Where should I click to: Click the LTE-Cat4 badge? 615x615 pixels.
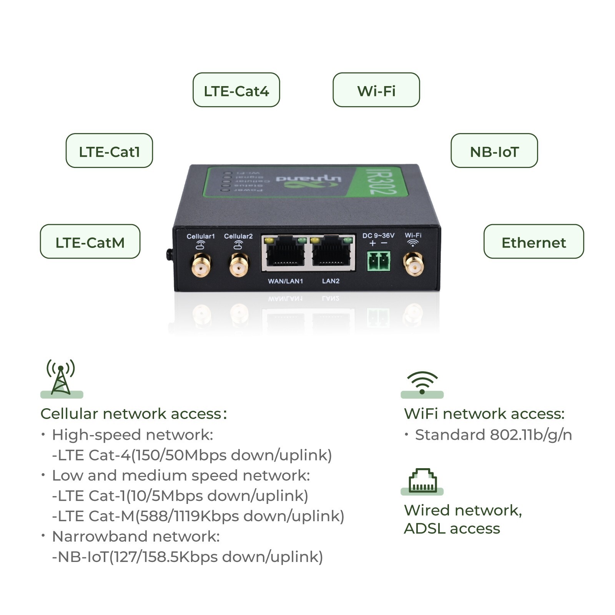[236, 90]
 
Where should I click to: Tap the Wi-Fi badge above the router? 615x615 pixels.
[376, 90]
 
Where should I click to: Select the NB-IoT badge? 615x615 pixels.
[494, 151]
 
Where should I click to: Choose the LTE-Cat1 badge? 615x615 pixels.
[109, 151]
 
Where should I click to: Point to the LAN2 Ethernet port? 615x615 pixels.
[331, 253]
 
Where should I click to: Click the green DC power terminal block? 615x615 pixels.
[379, 261]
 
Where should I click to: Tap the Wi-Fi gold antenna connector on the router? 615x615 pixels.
[413, 264]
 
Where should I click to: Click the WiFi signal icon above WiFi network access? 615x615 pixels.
[422, 382]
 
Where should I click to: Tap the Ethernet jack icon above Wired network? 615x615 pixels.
[422, 480]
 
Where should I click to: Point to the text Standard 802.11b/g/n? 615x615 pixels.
[493, 435]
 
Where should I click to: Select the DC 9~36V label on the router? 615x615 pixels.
[378, 236]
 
